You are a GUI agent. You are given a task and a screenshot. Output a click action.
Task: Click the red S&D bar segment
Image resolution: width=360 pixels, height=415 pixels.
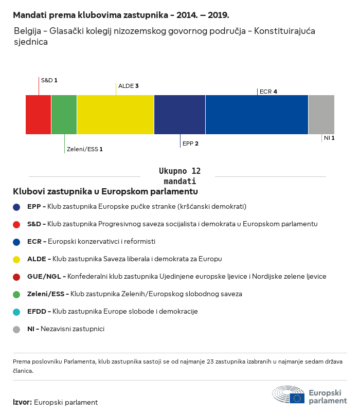[x=39, y=115]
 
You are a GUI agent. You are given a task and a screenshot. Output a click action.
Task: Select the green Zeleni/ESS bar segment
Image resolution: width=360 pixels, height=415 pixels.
[x=64, y=115]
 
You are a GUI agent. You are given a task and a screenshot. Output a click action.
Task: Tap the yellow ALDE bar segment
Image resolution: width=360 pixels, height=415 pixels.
[x=116, y=115]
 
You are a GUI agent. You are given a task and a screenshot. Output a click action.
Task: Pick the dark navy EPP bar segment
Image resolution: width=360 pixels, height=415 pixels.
[x=180, y=115]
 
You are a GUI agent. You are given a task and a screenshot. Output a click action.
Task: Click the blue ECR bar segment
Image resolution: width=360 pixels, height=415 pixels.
[x=257, y=115]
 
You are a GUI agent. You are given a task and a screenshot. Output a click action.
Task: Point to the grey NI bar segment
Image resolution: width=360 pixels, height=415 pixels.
[x=321, y=115]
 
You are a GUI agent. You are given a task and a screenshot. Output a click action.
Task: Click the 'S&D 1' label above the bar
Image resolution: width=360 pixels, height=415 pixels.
[x=49, y=81]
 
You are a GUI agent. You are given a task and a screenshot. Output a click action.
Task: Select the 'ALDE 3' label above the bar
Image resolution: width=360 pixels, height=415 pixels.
[x=129, y=86]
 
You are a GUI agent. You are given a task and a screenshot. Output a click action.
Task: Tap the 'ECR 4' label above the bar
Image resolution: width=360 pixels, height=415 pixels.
[x=268, y=92]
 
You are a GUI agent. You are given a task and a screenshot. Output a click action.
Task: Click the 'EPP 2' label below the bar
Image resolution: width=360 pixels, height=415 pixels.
[x=190, y=144]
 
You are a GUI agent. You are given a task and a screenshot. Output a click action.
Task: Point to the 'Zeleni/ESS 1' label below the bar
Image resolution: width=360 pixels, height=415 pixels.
[x=85, y=149]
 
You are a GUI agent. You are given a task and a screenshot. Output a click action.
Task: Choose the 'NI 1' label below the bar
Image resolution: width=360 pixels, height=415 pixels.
[x=329, y=138]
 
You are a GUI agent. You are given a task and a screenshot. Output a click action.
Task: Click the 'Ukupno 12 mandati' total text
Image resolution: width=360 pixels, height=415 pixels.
[x=180, y=176]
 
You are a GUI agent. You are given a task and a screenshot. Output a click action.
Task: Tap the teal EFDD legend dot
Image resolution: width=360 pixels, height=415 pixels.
[x=17, y=312]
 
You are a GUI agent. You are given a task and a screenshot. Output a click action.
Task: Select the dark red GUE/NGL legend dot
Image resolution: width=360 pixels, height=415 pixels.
[x=17, y=277]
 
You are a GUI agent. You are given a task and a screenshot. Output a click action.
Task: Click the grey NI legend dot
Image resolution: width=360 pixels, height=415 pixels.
[x=17, y=329]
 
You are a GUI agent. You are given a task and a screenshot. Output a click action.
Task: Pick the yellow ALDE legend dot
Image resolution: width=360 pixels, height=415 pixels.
[x=17, y=259]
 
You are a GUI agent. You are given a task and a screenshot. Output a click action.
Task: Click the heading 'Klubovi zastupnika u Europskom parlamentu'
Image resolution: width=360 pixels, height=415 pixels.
[x=105, y=191]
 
